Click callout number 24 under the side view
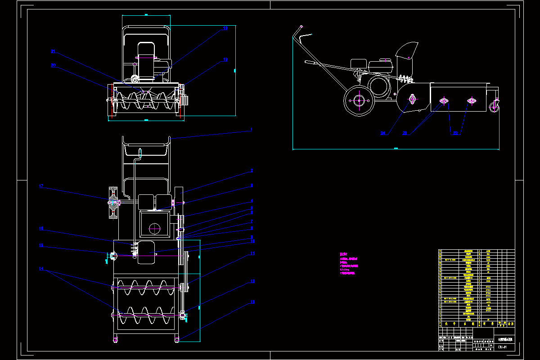click(x=383, y=133)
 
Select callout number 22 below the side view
click(x=455, y=133)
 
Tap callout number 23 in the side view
click(x=405, y=133)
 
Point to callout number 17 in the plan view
click(x=40, y=186)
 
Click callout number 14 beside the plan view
click(x=41, y=269)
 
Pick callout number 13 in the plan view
click(x=252, y=302)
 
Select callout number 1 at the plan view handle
click(x=252, y=129)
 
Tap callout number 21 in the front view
click(x=53, y=51)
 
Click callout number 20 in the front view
click(x=53, y=65)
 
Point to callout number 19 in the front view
click(x=225, y=59)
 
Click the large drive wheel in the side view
click(x=359, y=101)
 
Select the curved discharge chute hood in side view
click(x=407, y=50)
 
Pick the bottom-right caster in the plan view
click(x=177, y=339)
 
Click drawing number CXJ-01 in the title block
click(x=503, y=347)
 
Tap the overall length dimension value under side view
click(x=396, y=148)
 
